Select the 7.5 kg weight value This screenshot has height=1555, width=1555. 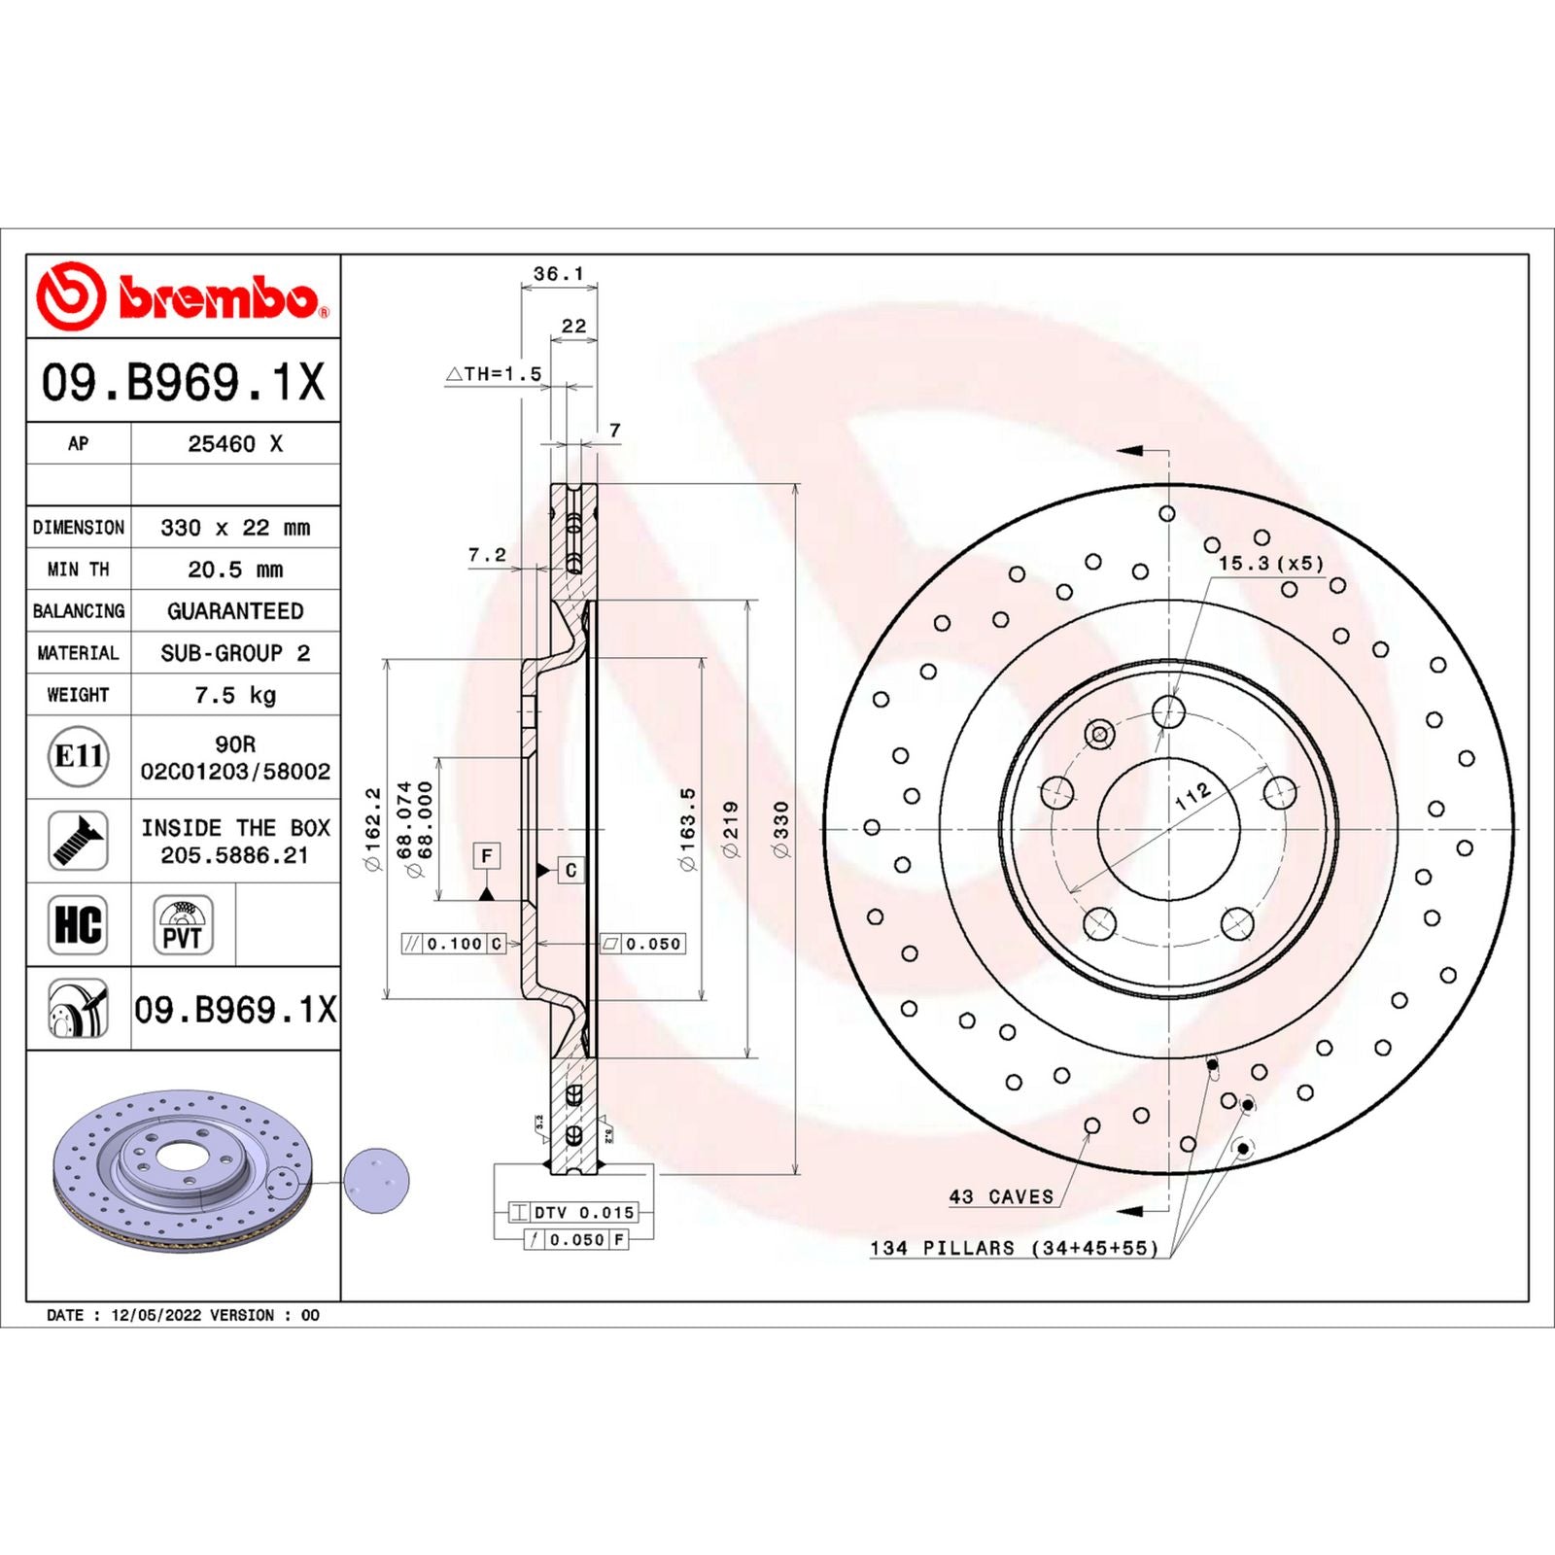pos(235,695)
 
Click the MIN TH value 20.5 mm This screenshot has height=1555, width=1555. pos(235,570)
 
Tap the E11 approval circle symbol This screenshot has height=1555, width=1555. pos(79,756)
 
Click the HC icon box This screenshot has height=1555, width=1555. pos(78,924)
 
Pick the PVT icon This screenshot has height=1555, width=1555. pos(183,924)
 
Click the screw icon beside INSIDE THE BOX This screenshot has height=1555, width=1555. pos(78,841)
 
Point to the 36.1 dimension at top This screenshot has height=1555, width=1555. pos(559,274)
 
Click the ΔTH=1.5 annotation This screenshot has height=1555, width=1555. pos(495,374)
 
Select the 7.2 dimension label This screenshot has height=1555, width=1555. pos(487,555)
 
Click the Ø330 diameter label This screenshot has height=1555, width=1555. pos(781,829)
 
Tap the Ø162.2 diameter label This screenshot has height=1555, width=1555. pos(373,829)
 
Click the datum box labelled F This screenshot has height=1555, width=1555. pos(487,855)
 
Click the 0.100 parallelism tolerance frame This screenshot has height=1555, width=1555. pos(454,944)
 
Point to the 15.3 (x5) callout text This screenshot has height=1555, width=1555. pos(1271,564)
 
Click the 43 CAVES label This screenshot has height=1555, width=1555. pos(1001,1197)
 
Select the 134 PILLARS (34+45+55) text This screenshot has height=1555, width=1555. pos(1014,1248)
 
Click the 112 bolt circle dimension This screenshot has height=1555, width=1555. pos(1192,796)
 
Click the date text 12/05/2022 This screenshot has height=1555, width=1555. pos(155,1315)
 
